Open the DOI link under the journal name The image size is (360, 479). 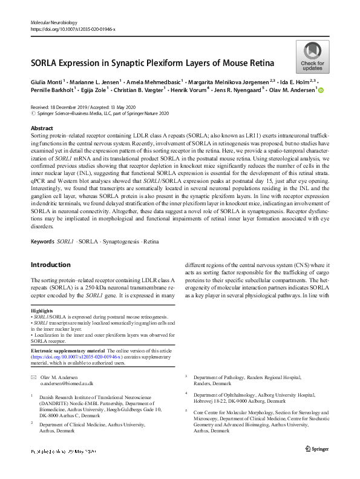click(73, 28)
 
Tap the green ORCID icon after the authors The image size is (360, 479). click(321, 90)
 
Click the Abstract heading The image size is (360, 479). click(42, 128)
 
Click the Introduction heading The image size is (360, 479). click(51, 265)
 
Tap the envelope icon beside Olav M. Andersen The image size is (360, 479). click(33, 377)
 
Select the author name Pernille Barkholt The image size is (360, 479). click(54, 90)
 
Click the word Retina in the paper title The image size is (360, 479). click(261, 62)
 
